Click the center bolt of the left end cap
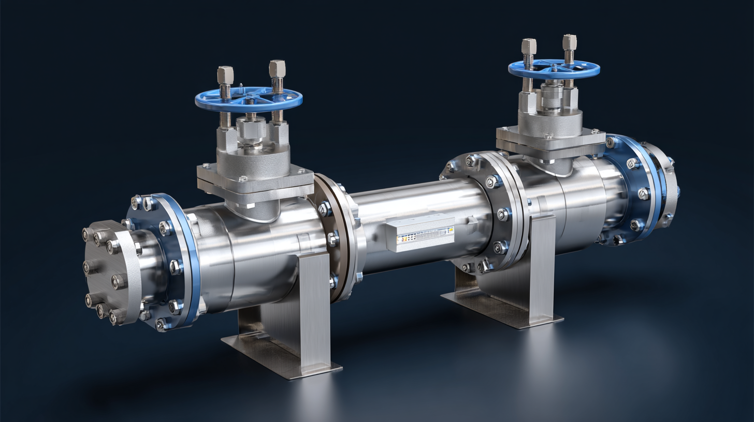tap(118, 281)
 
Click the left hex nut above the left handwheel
tap(225, 75)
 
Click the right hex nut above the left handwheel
tap(277, 68)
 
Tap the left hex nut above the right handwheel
tap(529, 46)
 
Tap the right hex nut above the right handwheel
tap(569, 42)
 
